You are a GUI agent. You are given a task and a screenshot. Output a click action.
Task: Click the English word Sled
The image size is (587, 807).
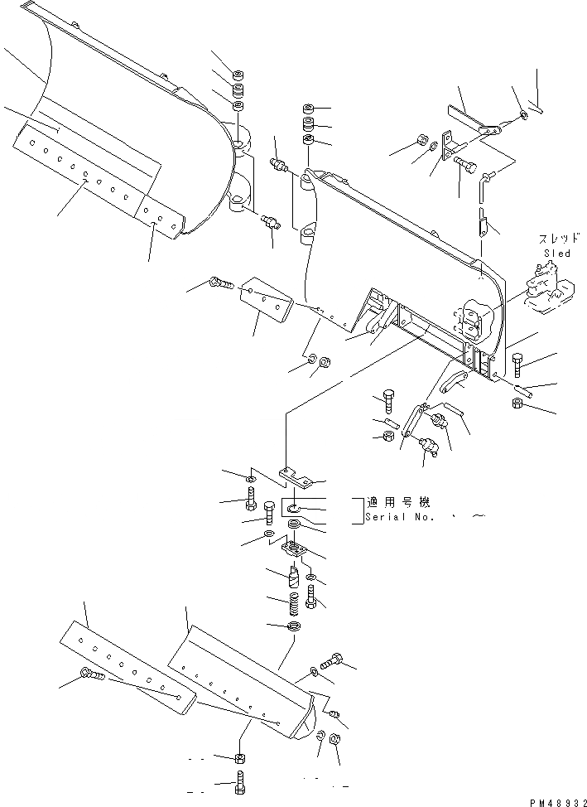(x=556, y=253)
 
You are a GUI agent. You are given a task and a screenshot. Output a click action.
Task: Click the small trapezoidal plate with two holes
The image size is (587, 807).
(x=264, y=299)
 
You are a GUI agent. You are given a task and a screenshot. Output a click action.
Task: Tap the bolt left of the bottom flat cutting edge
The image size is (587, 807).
(x=91, y=676)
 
